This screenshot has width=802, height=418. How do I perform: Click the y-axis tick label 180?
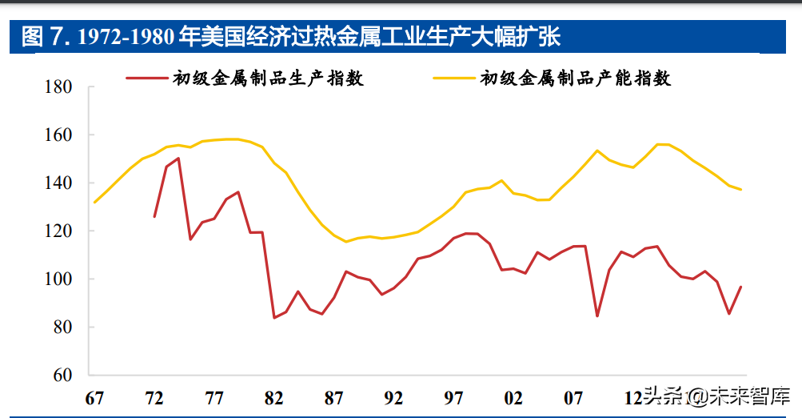pos(58,87)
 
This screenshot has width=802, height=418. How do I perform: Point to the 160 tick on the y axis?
pos(58,135)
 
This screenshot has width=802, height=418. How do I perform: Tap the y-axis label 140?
pos(58,183)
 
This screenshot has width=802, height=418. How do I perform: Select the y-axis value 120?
pos(58,231)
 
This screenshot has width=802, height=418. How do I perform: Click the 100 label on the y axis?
pos(58,279)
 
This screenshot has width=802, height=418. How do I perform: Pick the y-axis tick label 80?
pos(63,327)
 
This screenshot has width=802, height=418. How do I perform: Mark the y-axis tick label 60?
pos(63,375)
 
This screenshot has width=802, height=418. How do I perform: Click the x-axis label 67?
pos(94,398)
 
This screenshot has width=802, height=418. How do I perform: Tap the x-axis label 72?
pos(154,398)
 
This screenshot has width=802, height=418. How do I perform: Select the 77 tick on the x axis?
pos(214,398)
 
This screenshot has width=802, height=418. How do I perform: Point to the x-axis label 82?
pos(274,398)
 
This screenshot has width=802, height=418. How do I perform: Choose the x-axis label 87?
pos(334,398)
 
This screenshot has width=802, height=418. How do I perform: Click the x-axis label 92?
pos(394,398)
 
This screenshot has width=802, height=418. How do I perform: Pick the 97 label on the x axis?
pos(453,398)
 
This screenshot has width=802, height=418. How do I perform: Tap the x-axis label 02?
pos(513,398)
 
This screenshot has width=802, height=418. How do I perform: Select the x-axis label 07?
pos(573,398)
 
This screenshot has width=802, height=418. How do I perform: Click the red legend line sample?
pos(147,78)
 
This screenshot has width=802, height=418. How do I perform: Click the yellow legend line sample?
pos(454,78)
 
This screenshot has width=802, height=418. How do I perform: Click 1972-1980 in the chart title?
pos(126,37)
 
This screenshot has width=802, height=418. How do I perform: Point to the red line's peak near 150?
pos(178,159)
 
